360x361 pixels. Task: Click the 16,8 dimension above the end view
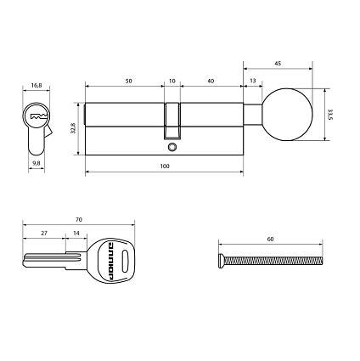point(36,85)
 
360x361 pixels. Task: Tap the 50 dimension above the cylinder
point(127,81)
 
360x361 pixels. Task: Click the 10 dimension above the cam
point(172,81)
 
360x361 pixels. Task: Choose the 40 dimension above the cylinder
point(210,81)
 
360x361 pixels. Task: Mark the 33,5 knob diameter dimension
point(330,115)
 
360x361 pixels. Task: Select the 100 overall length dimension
point(164,166)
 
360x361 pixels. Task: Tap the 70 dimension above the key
point(78,218)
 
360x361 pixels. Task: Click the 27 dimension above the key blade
point(44,232)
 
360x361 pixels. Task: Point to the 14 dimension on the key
point(76,232)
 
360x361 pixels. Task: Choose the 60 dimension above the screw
point(270,240)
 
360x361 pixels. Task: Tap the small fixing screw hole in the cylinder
point(172,147)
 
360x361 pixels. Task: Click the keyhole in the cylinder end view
point(37,115)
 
